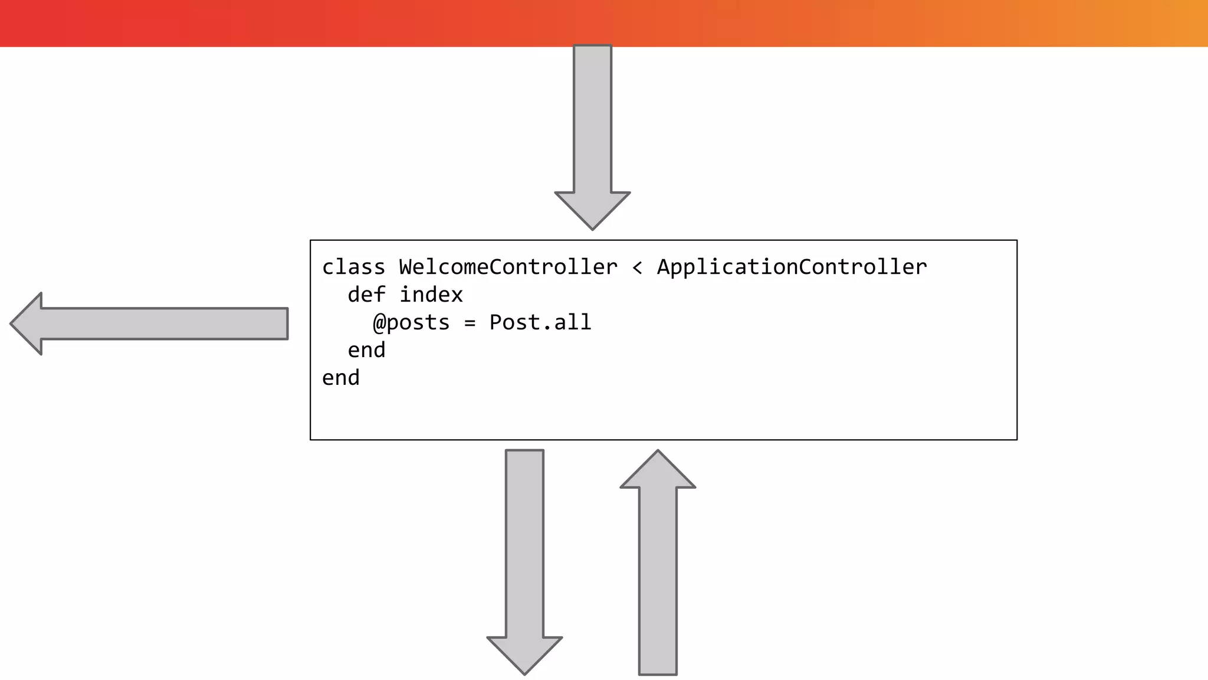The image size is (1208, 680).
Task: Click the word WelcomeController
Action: click(508, 267)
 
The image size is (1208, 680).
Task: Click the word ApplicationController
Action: click(792, 267)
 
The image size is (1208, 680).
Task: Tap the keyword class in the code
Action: click(353, 267)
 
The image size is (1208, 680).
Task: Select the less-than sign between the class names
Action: click(637, 267)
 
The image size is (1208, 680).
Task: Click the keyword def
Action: click(366, 295)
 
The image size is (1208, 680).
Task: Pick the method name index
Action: click(431, 295)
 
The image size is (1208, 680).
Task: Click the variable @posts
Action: click(411, 322)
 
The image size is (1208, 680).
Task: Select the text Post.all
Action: click(540, 322)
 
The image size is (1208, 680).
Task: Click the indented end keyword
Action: click(366, 350)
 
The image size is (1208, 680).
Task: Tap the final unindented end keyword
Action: click(340, 378)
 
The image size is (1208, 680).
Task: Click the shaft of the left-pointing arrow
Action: click(165, 323)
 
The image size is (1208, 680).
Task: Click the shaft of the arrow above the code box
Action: click(592, 118)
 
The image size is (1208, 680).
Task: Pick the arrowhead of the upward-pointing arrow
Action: click(658, 471)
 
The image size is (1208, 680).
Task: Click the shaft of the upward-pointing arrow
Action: click(658, 578)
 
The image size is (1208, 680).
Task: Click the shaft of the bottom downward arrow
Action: click(524, 543)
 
